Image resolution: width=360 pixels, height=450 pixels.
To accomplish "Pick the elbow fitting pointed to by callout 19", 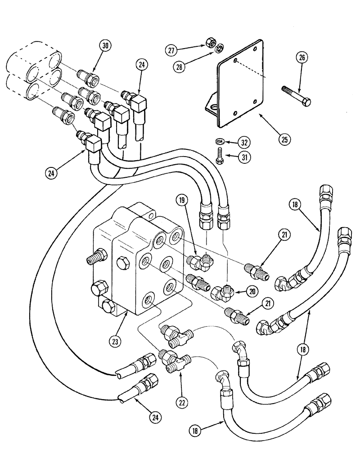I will pyautogui.click(x=198, y=260).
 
